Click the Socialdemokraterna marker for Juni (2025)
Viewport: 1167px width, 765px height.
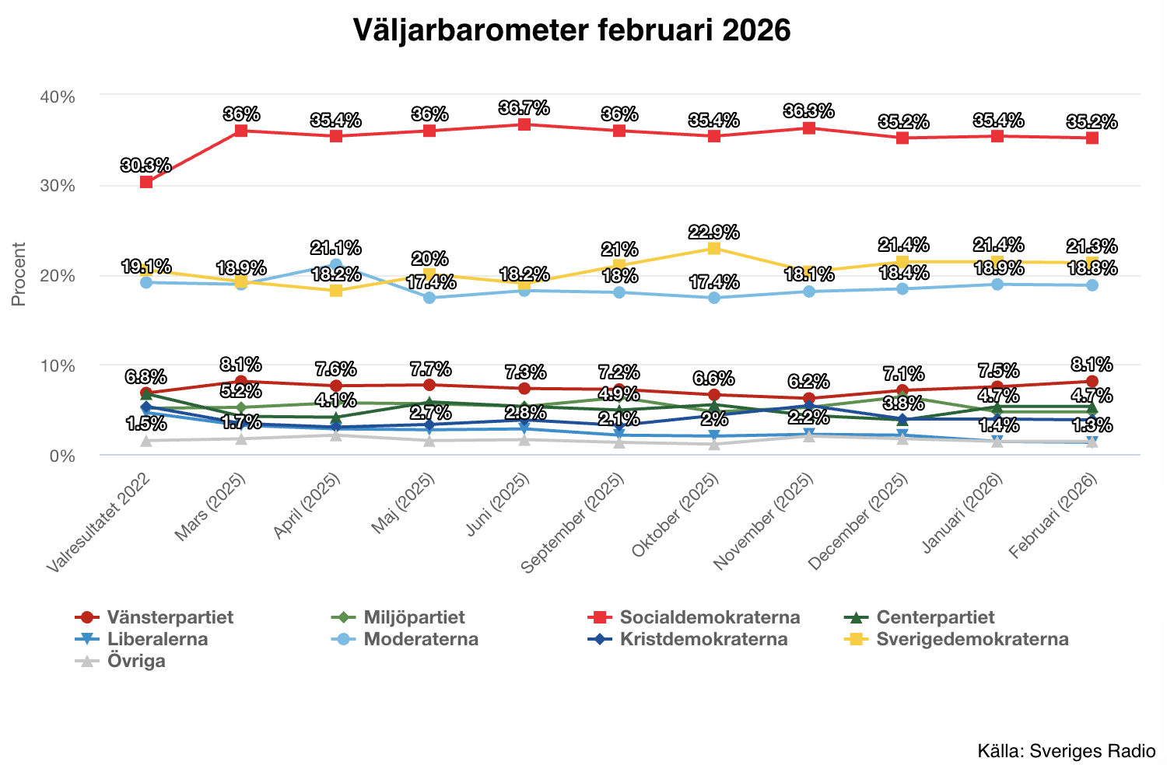(x=524, y=124)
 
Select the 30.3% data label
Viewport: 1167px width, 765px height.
(x=145, y=166)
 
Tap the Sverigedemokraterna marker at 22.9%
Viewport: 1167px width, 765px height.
(x=713, y=248)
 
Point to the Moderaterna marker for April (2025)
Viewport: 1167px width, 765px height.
(x=336, y=265)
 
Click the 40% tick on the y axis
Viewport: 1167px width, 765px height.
(x=57, y=97)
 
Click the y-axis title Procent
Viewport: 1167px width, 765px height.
(x=19, y=274)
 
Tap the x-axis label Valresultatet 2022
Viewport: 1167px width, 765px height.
(x=99, y=523)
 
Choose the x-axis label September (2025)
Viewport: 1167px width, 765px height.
(x=574, y=522)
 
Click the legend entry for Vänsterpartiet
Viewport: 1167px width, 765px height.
(x=170, y=617)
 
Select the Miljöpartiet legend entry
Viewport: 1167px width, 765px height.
(x=414, y=617)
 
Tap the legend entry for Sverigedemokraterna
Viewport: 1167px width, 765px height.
(x=972, y=639)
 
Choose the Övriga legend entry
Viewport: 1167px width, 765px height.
(x=136, y=661)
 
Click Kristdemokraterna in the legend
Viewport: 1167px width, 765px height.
(x=703, y=639)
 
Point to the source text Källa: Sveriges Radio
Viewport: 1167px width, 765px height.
(x=1066, y=751)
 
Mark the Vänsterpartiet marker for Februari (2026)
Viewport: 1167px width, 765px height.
(x=1092, y=382)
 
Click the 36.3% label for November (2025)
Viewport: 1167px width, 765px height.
(x=809, y=111)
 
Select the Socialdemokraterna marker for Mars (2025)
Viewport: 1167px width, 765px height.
(x=241, y=131)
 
